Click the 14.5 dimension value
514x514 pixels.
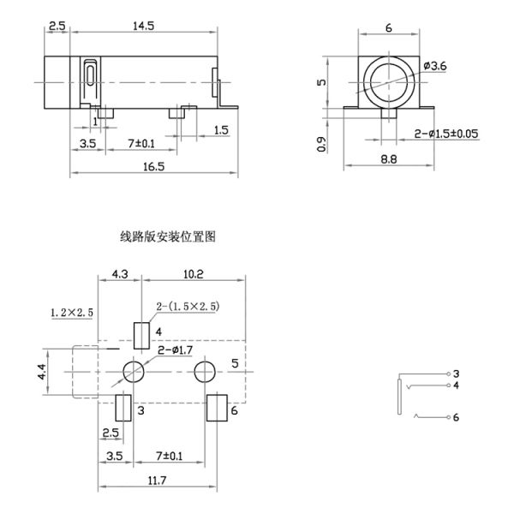tap(143, 27)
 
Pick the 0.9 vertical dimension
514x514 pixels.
tap(322, 144)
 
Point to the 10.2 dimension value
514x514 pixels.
tap(194, 275)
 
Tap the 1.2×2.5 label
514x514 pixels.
tap(71, 313)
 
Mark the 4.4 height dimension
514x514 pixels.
tap(44, 373)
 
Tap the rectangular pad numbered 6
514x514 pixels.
tap(216, 408)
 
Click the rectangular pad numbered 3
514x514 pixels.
tap(124, 408)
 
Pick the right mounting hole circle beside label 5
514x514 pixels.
tap(204, 372)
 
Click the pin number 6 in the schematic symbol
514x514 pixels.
tap(457, 417)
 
